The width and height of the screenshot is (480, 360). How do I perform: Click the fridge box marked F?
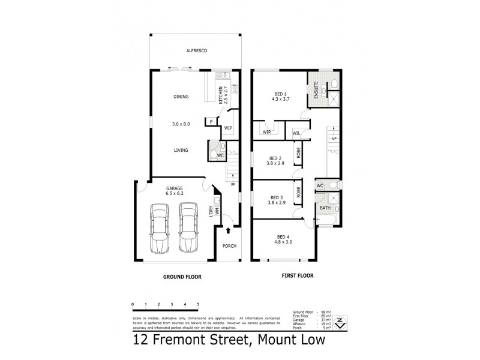click(211, 122)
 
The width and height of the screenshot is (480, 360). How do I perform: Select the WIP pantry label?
click(228, 128)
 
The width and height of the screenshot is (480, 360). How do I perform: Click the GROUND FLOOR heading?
click(182, 277)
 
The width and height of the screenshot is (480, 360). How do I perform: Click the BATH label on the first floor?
click(325, 208)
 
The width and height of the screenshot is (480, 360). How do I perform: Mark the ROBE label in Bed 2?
click(298, 153)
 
